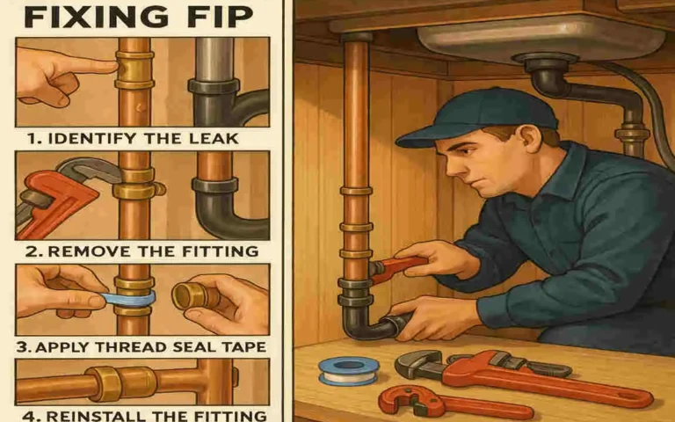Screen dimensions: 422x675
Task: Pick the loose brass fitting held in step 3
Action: pos(195,295)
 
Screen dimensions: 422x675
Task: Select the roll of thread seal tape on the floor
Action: pos(349,369)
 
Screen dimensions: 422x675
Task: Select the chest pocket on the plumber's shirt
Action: pos(562,236)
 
